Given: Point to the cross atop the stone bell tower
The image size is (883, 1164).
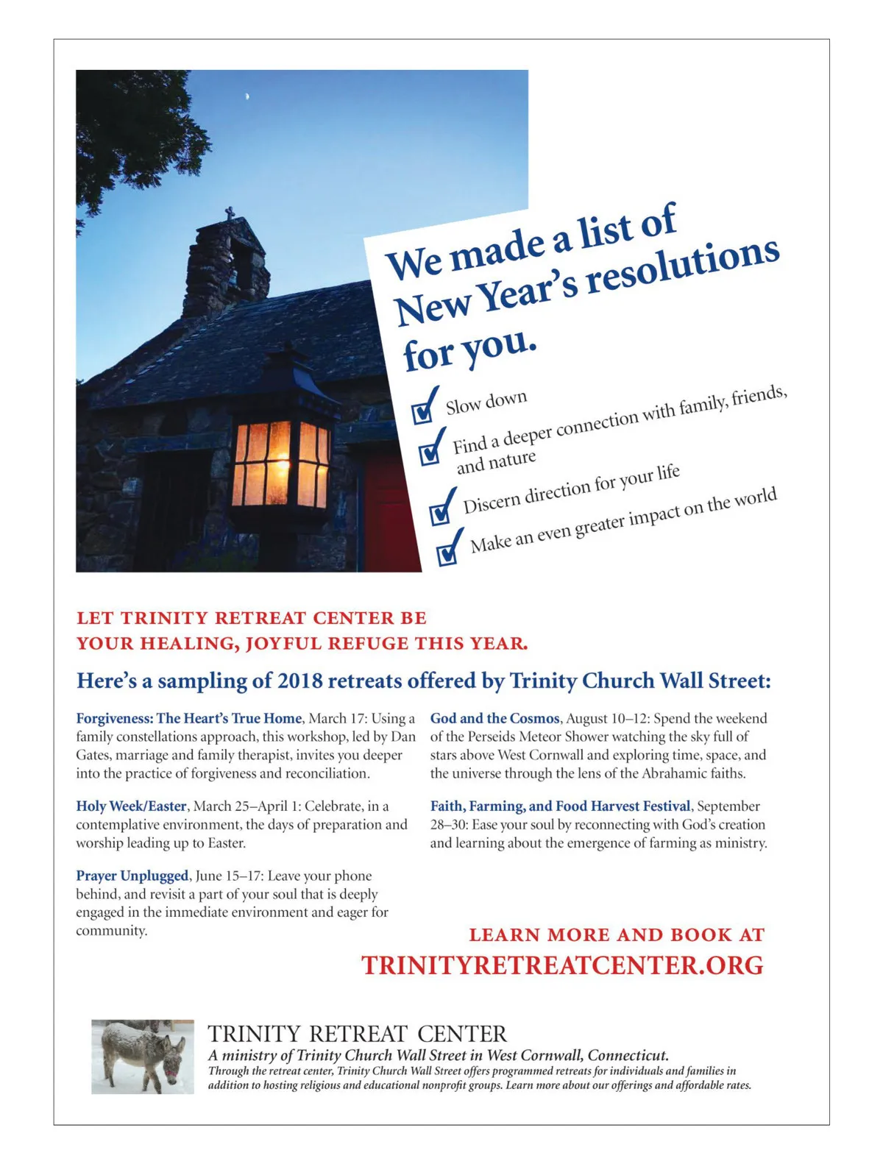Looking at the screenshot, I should coord(230,214).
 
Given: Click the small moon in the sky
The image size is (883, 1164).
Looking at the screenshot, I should coord(247,96).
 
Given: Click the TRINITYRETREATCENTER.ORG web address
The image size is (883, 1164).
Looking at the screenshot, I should coord(562,965).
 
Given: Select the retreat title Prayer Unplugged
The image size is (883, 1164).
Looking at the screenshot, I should coord(132,876).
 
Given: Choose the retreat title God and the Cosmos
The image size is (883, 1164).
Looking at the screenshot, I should coord(494,718).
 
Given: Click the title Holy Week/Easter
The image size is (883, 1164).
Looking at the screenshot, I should coord(131,806).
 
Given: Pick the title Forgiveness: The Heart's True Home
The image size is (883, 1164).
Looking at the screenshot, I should coord(189,718).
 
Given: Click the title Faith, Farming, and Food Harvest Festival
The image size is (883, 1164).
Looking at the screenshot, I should coord(560,806).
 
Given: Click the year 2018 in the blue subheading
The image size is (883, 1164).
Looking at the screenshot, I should coord(299,681).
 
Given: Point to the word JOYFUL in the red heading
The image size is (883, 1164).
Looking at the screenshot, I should coord(283,644).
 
